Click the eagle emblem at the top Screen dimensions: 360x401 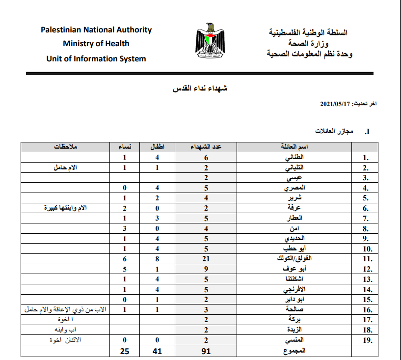click(211, 42)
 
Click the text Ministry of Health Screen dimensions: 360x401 click(96, 44)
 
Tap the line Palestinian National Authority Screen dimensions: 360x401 click(96, 29)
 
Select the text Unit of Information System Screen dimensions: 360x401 click(96, 58)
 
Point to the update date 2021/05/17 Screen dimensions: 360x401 click(334, 105)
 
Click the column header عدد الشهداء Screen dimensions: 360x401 click(207, 147)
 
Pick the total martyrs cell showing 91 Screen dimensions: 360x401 click(207, 351)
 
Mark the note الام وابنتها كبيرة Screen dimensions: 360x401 click(65, 207)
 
